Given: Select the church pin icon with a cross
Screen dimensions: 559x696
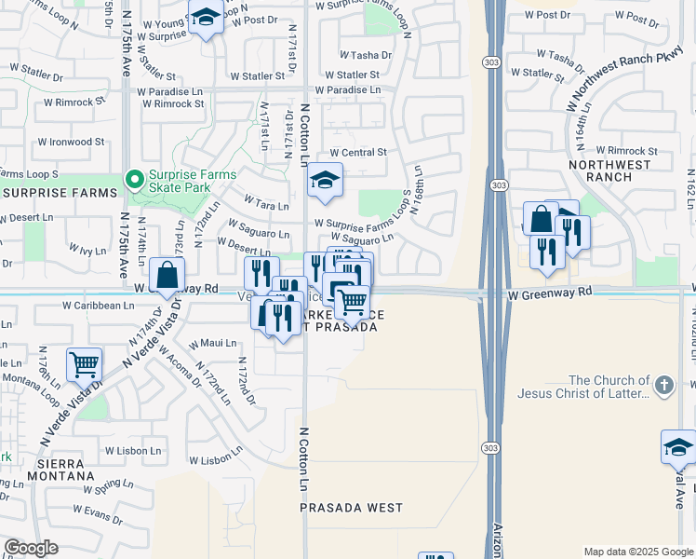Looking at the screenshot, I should [x=663, y=386].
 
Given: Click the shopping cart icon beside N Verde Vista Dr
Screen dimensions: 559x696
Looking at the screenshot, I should [x=84, y=364].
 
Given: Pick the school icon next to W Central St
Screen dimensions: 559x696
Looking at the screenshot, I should [x=325, y=181].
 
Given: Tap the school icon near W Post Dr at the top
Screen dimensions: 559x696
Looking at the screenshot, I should [x=206, y=17].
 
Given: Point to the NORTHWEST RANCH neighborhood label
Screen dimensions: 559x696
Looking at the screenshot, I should [x=609, y=170].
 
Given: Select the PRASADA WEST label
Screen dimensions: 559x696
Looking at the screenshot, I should [x=352, y=508].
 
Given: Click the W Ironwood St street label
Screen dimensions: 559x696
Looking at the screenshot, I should [x=71, y=143].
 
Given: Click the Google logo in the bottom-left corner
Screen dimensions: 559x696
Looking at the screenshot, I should [x=31, y=548].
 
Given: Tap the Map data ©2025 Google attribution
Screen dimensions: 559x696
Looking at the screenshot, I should [x=638, y=552].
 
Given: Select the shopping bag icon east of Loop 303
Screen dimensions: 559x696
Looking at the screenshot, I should [x=540, y=220].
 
